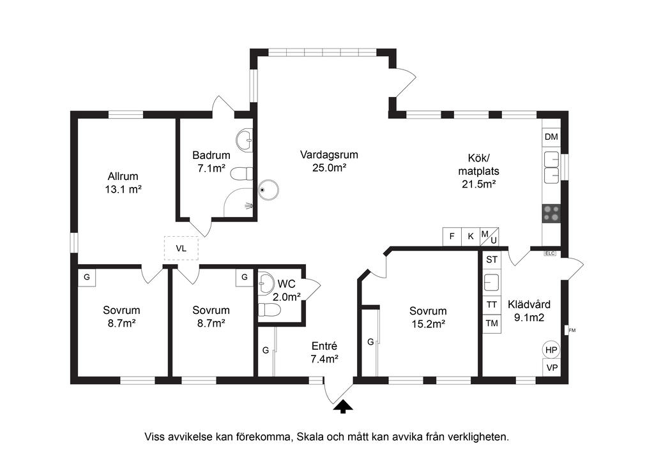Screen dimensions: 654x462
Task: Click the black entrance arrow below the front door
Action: [x=343, y=406]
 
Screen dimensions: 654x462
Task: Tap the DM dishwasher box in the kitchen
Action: [x=551, y=137]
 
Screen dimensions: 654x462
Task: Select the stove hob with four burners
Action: [x=551, y=213]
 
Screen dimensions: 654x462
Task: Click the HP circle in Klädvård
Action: [x=551, y=350]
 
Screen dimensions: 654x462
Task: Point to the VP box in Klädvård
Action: [x=552, y=368]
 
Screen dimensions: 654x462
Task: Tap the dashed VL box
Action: [x=181, y=248]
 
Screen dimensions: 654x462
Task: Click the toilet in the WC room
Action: [x=269, y=310]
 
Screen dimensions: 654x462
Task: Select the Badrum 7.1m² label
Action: [x=211, y=161]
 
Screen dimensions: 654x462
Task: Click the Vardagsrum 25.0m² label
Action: [x=329, y=161]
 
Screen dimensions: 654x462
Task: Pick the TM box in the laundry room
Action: [x=492, y=323]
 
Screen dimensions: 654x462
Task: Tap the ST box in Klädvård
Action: [x=492, y=260]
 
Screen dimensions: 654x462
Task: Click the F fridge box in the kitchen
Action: [x=452, y=236]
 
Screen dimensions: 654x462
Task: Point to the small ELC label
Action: [x=550, y=253]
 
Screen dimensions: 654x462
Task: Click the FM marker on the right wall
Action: [x=572, y=331]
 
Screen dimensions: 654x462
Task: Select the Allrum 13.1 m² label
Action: [x=123, y=183]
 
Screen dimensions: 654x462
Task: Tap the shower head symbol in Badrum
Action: [x=248, y=205]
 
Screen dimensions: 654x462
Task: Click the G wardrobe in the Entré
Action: [x=266, y=351]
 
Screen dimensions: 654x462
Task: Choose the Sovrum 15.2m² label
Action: [x=428, y=317]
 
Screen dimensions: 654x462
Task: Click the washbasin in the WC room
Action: [x=264, y=284]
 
